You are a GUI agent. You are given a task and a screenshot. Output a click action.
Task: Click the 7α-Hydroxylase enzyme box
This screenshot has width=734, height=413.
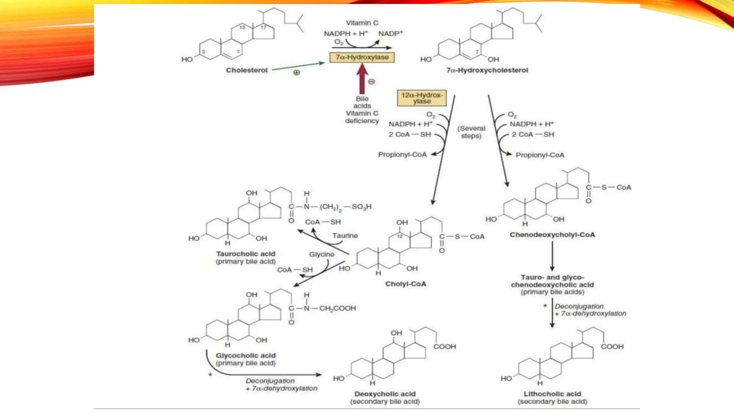pyautogui.click(x=362, y=57)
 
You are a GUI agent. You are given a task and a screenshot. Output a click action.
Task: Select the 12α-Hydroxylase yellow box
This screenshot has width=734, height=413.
pyautogui.click(x=422, y=98)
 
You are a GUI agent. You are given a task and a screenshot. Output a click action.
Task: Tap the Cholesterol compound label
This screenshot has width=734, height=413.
pyautogui.click(x=247, y=70)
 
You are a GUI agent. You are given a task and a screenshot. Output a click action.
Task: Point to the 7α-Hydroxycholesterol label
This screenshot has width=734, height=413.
pyautogui.click(x=487, y=70)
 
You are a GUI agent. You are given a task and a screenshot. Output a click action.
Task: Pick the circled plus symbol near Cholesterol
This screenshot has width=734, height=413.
pyautogui.click(x=296, y=73)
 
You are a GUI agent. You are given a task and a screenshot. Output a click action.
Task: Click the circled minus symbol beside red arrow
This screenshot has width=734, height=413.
pyautogui.click(x=372, y=82)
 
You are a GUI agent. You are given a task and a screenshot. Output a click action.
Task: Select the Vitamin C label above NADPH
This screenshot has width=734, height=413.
pyautogui.click(x=362, y=23)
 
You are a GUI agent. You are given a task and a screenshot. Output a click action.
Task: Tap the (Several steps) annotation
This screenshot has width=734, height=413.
pyautogui.click(x=471, y=132)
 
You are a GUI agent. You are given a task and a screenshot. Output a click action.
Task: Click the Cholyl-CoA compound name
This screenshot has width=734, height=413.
pyautogui.click(x=406, y=284)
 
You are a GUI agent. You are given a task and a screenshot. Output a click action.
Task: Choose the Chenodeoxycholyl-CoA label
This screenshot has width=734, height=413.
pyautogui.click(x=552, y=235)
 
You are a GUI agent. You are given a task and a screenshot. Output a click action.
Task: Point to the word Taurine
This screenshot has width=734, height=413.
pyautogui.click(x=345, y=236)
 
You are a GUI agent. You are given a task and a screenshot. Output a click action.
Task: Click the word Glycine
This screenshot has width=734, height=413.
pyautogui.click(x=321, y=254)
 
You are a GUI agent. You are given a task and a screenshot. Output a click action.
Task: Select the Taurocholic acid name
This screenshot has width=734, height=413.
pyautogui.click(x=246, y=254)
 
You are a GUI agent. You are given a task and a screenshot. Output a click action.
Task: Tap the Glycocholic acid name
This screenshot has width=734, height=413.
pyautogui.click(x=246, y=356)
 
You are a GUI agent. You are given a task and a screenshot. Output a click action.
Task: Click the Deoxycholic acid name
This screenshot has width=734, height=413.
pyautogui.click(x=385, y=394)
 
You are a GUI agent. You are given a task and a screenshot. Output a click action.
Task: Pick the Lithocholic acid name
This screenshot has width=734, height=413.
pyautogui.click(x=552, y=394)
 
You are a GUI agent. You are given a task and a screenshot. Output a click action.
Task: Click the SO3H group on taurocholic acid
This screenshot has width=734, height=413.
pyautogui.click(x=361, y=207)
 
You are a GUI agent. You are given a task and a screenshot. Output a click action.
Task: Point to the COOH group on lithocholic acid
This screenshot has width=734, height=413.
pyautogui.click(x=612, y=347)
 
